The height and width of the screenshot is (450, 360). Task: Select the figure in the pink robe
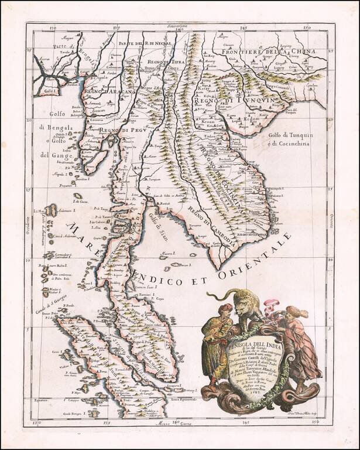point(299,346)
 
